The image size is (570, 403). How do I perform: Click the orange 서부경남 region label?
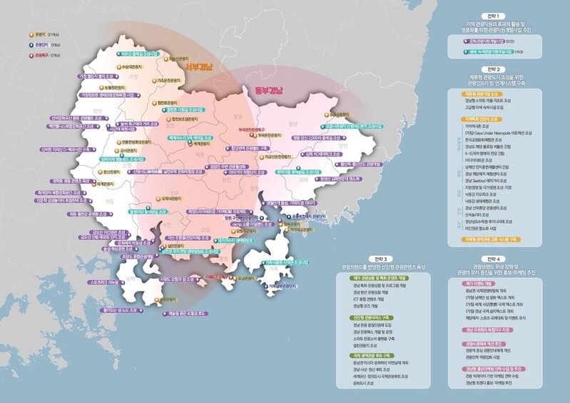[x=198, y=67]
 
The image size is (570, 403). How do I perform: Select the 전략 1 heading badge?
[x=492, y=15]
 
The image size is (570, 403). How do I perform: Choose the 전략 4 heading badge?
[x=492, y=258]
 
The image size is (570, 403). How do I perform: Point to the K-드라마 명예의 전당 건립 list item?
[x=485, y=153]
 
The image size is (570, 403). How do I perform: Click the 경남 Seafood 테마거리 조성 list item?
[x=485, y=181]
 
